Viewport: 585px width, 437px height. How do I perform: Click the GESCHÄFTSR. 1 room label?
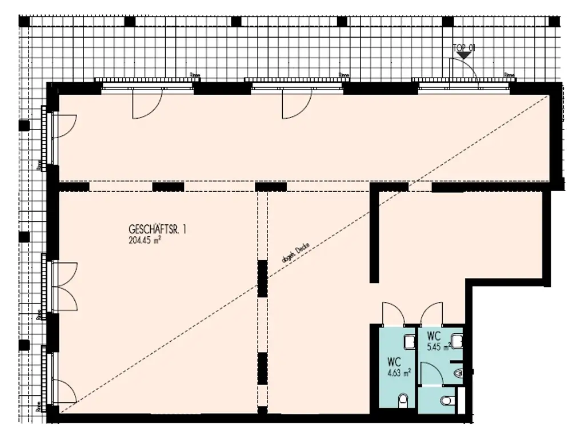click(x=158, y=230)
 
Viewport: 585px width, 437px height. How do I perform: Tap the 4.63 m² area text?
click(x=399, y=375)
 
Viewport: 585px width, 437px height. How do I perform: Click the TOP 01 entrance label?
click(x=463, y=48)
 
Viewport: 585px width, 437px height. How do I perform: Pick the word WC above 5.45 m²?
click(x=434, y=334)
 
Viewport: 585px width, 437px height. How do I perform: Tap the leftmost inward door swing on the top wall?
click(x=147, y=105)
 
